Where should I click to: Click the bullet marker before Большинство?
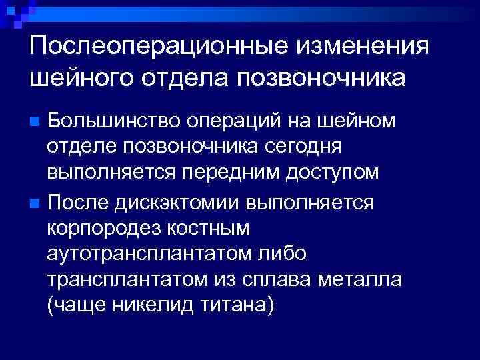pyautogui.click(x=37, y=122)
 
